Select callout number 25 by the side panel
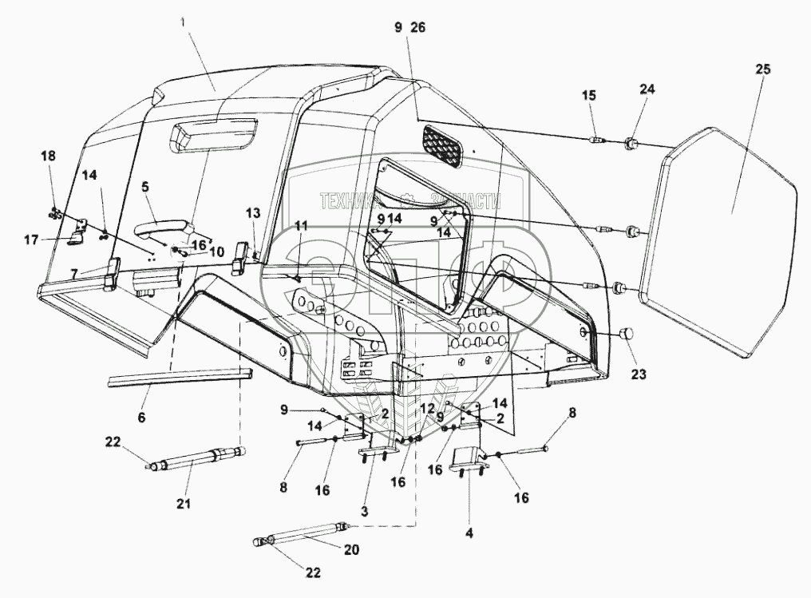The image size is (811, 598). (762, 70)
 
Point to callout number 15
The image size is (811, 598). (588, 96)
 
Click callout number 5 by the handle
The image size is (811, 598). (145, 188)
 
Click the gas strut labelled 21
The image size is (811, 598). (196, 459)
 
